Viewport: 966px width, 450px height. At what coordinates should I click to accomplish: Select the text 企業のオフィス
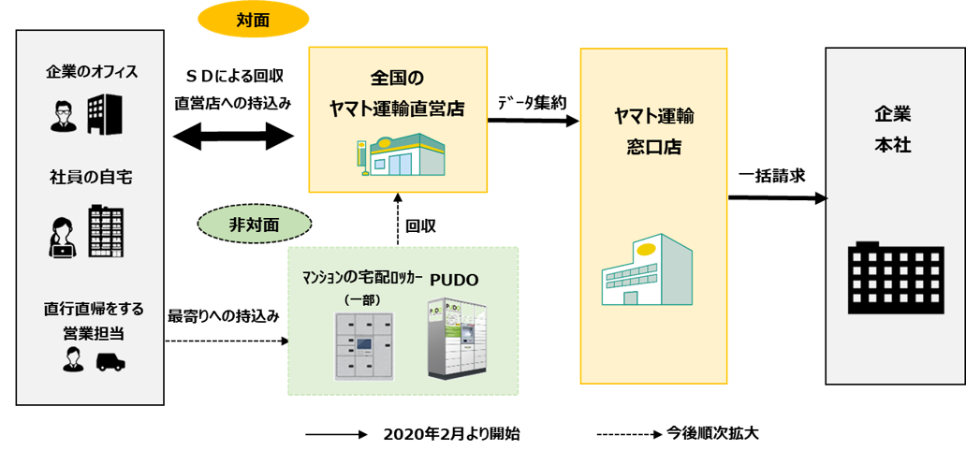pos(92,72)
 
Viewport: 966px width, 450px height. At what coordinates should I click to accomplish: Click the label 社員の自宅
pos(91,177)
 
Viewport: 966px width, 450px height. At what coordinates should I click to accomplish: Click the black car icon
pos(110,361)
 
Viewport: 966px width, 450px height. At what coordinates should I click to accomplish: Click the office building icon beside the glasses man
pos(105,113)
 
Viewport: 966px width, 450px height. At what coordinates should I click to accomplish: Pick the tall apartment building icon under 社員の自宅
pos(106,231)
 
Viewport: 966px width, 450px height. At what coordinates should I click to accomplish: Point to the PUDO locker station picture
pos(458,339)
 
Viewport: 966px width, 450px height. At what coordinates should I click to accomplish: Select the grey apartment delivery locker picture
pos(365,344)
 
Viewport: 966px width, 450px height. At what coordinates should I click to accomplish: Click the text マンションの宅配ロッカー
pos(361,279)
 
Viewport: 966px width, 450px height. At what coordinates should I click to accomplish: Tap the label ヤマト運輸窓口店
pos(653,131)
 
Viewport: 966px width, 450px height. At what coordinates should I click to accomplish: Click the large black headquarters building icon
pos(894,278)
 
